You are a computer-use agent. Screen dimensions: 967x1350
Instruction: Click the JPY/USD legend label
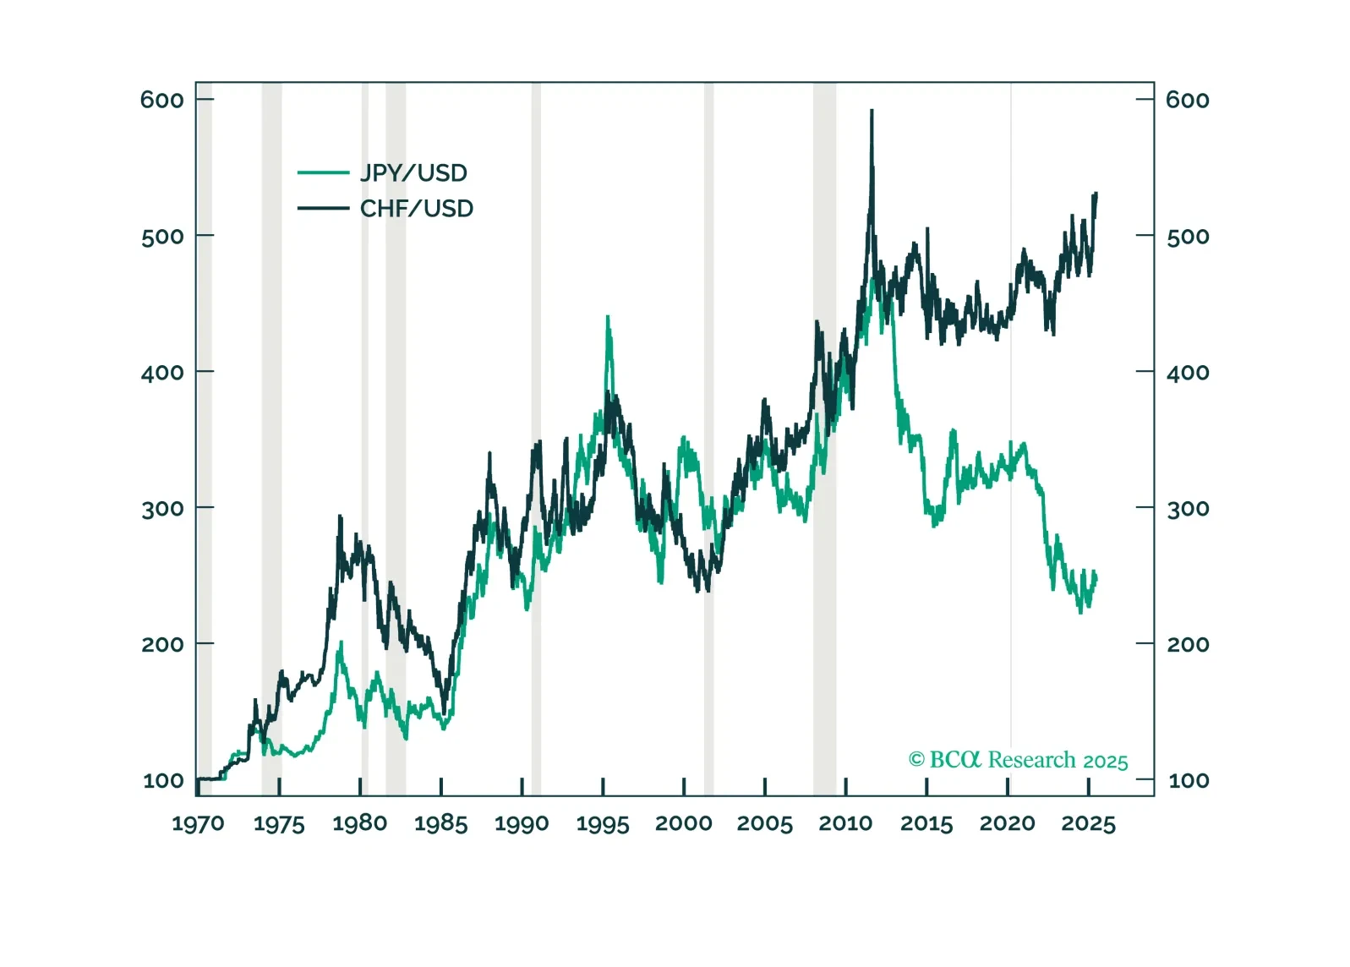point(413,173)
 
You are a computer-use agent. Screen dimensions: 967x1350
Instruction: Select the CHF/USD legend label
point(417,209)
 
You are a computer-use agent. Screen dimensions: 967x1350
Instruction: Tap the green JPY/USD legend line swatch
point(323,173)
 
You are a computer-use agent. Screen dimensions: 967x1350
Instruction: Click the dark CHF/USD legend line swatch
point(323,209)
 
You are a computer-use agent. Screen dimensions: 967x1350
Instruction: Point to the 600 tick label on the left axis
point(162,100)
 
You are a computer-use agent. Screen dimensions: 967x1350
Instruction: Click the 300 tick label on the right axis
point(1188,509)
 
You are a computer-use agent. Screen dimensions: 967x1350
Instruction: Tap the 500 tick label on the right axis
point(1188,237)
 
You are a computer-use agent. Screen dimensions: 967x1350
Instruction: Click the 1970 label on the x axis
point(199,824)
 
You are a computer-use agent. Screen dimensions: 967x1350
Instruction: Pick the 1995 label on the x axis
point(603,824)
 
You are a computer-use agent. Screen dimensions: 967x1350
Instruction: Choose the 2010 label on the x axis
point(845,824)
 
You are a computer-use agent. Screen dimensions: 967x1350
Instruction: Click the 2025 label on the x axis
point(1089,824)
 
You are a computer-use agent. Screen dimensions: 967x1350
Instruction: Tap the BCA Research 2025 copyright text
point(1019,760)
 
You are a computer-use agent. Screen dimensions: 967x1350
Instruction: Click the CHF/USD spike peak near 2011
point(872,111)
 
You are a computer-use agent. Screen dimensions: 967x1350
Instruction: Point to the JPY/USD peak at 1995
point(608,318)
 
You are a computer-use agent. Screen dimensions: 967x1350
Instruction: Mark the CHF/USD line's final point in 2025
point(1096,194)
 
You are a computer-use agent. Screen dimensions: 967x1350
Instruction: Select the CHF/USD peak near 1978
point(340,516)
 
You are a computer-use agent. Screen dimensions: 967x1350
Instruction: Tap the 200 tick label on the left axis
point(162,645)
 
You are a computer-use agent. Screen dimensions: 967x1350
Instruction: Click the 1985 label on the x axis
point(441,824)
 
